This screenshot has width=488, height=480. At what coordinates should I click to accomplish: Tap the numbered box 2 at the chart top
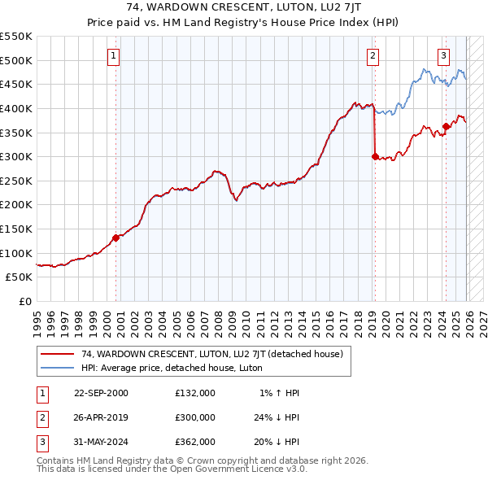372,56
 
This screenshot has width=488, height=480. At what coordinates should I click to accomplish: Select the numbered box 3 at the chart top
443,56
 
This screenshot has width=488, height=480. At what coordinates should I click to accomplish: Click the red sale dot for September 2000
115,238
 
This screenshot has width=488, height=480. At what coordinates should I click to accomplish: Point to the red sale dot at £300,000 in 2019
375,157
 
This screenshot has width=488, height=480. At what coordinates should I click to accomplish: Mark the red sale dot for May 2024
446,127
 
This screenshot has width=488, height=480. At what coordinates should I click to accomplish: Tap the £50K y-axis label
20,277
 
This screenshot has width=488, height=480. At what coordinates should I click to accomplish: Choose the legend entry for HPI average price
172,368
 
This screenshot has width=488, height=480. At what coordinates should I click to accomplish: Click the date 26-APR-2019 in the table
101,417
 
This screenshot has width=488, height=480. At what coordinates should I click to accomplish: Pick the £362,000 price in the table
195,442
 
